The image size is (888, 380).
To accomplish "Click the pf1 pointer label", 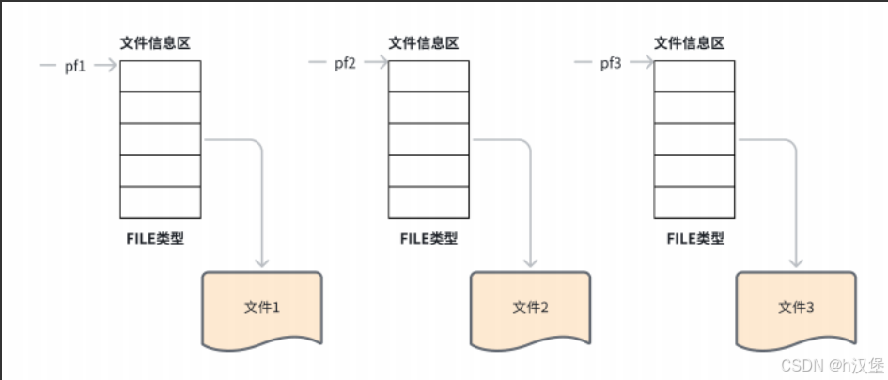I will (x=76, y=66).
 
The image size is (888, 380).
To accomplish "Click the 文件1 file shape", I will (x=262, y=307).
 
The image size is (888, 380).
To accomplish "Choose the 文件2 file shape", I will (x=531, y=307).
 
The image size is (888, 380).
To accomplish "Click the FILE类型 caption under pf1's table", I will (x=155, y=237).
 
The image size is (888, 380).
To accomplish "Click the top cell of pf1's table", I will (x=161, y=76).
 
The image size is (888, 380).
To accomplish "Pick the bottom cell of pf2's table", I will (x=428, y=202).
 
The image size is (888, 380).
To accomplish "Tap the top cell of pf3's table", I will (x=694, y=76).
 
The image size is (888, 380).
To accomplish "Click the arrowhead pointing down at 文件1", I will (x=263, y=261).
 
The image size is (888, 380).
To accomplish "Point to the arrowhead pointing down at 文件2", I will (x=533, y=261).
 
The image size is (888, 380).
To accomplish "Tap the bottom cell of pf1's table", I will (x=161, y=202).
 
